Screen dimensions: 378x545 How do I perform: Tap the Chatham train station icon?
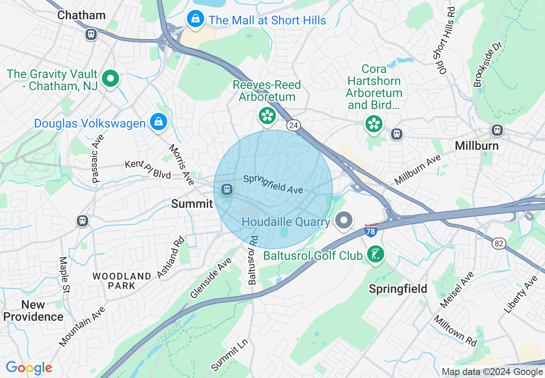click(91, 34)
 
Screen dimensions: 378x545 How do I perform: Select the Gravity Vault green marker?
click(111, 79)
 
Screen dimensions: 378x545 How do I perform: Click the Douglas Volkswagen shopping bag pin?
click(159, 122)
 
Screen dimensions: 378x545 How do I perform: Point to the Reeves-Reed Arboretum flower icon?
click(267, 115)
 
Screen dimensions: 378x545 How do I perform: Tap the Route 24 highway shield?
click(294, 125)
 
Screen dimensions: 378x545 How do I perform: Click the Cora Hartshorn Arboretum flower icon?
click(374, 124)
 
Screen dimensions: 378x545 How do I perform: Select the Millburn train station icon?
click(497, 129)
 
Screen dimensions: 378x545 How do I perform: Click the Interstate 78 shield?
click(370, 231)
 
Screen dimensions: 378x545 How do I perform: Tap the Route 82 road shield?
click(499, 244)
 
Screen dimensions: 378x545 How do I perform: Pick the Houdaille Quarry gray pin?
click(343, 220)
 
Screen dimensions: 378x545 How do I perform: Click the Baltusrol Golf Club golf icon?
click(376, 254)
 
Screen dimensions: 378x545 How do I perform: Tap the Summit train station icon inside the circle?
click(227, 189)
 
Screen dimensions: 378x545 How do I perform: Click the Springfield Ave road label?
click(273, 184)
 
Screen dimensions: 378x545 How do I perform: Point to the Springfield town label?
click(398, 289)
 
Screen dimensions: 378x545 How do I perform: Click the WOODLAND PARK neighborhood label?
click(122, 281)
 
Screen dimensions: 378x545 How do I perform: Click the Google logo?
click(29, 368)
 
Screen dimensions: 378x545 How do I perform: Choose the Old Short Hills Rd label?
click(444, 41)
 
